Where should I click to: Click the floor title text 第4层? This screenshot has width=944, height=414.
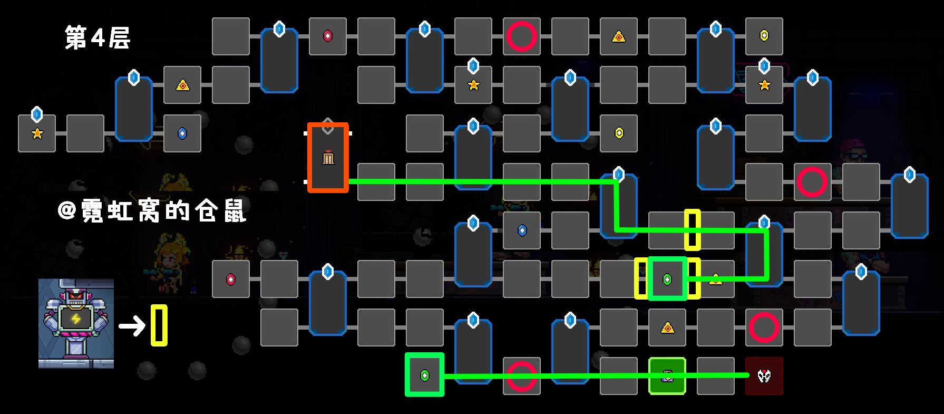pos(98,37)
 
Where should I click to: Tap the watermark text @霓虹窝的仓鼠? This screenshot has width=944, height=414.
pos(152,211)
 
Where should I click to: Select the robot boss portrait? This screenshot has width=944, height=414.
pos(76,323)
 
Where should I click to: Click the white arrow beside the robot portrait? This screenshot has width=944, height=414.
pos(132,326)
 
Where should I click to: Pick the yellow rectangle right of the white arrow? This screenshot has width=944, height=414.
pos(159,325)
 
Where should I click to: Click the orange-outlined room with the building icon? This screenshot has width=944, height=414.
pos(328,158)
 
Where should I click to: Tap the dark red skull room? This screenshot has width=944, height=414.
pos(764,376)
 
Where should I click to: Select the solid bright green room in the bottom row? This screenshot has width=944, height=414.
pos(667,376)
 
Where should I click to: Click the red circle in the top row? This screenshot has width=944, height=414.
pos(522,36)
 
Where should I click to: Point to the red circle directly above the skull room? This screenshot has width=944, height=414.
pos(764,328)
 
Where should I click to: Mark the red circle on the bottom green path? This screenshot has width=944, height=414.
pos(522,376)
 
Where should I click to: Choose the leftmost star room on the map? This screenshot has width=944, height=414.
pos(37,133)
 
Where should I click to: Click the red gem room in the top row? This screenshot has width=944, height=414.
pos(328,36)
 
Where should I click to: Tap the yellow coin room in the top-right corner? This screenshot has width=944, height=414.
pos(764,36)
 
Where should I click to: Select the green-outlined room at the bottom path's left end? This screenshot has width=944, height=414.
pos(425,375)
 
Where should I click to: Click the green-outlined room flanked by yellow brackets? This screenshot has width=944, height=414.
pos(667,279)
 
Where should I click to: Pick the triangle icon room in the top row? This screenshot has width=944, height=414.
pos(618,36)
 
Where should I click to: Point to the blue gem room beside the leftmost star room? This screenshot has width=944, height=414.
pos(182,133)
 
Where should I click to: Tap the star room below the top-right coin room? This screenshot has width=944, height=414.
pos(764,85)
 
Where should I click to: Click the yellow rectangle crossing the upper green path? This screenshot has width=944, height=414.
pos(692,230)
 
